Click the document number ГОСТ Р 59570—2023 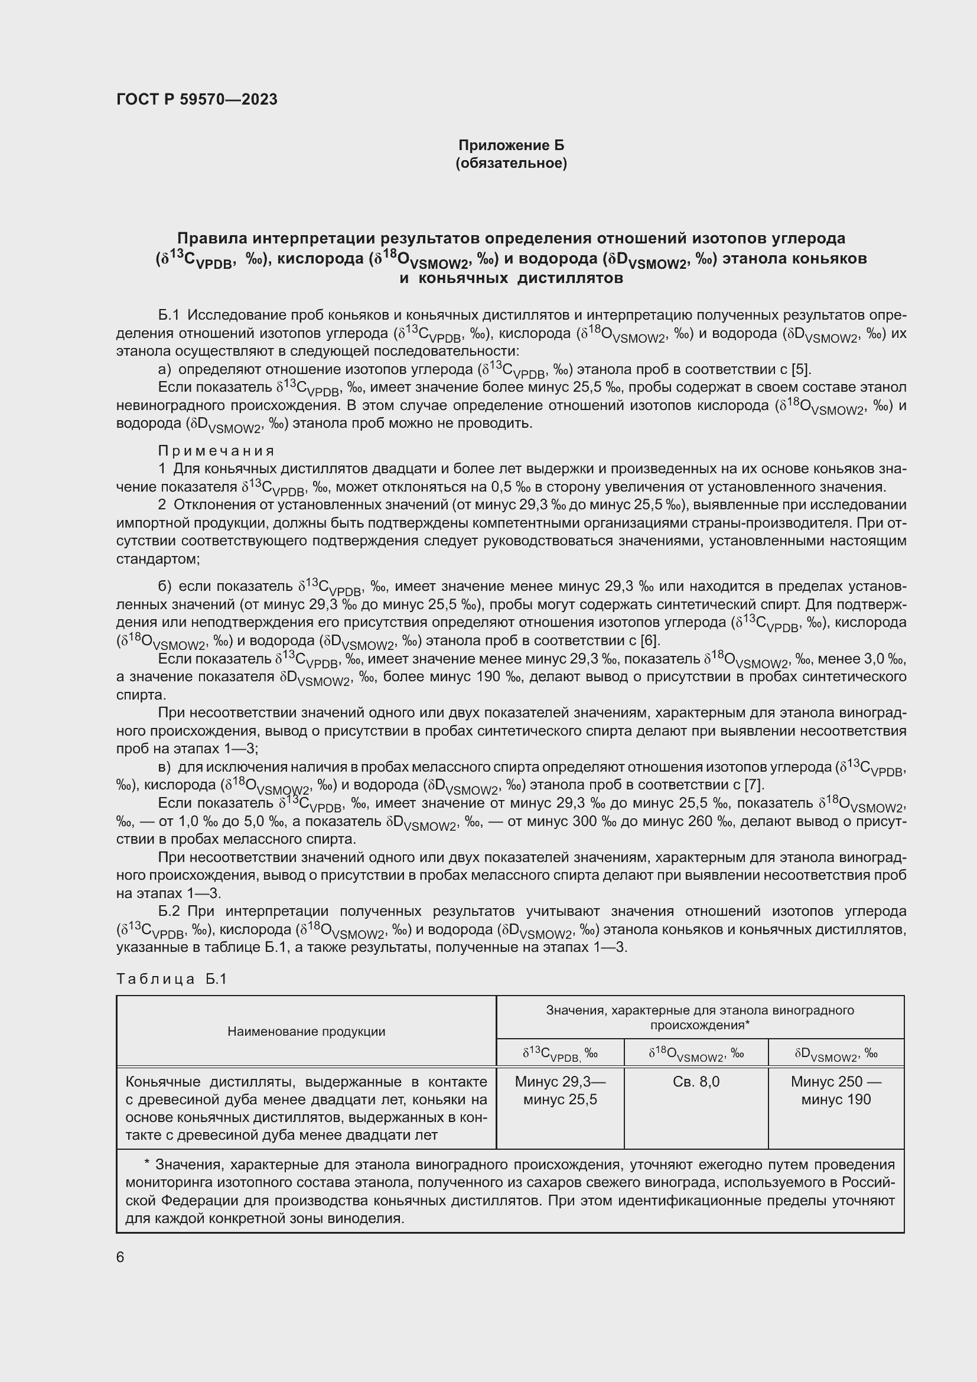(197, 99)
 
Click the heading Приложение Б (511, 145)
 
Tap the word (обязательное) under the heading (511, 163)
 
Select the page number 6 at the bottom (121, 1257)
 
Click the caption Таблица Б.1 (171, 978)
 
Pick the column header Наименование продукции (306, 1031)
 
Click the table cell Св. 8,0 (695, 1082)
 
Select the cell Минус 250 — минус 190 (836, 1090)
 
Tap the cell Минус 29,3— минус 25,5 (560, 1090)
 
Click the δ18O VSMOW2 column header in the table (695, 1054)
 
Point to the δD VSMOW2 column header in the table (836, 1054)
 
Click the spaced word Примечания (216, 451)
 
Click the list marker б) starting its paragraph (165, 586)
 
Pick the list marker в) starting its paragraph (165, 767)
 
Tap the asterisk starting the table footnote (148, 1164)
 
